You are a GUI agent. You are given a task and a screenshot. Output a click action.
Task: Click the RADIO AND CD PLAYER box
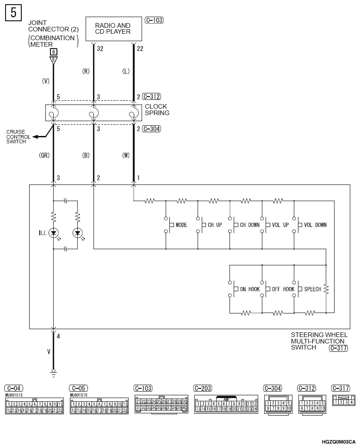112,29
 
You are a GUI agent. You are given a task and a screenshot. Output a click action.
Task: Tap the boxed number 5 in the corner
13,12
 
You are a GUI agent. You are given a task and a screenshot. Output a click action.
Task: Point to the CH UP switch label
215,225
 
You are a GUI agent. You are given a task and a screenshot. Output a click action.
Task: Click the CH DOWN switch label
249,225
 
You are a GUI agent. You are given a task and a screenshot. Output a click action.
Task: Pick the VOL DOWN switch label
315,225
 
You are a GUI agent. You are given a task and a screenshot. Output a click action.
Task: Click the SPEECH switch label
312,289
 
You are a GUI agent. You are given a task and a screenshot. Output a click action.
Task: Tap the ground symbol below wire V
54,371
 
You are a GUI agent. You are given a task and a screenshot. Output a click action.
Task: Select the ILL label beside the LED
43,233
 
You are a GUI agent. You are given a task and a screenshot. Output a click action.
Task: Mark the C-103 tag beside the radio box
154,20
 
